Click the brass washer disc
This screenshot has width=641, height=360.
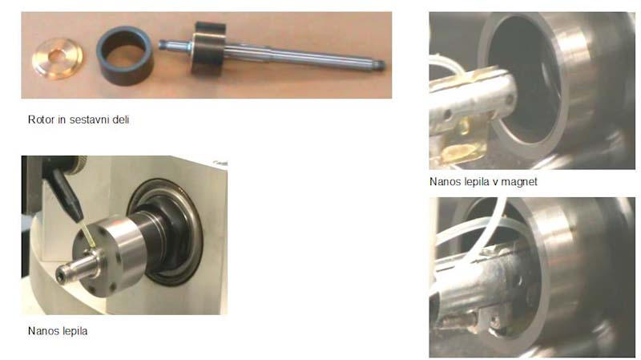[57, 58]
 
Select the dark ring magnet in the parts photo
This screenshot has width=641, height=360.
[125, 55]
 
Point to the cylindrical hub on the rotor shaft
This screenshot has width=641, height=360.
[208, 48]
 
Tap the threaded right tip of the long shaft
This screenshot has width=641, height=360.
[379, 66]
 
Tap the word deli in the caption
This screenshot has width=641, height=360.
[122, 119]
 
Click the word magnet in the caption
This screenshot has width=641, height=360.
[518, 182]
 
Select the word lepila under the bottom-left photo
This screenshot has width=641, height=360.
[74, 331]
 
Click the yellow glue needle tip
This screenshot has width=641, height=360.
[89, 236]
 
